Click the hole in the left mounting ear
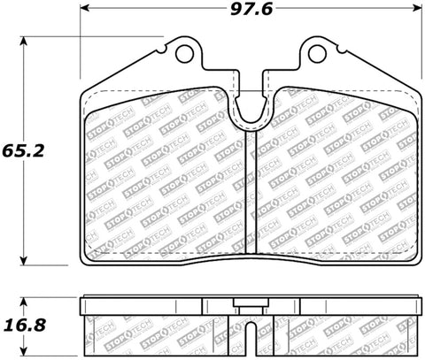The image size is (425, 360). point(184,54)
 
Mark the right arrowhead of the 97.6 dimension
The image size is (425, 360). point(417,12)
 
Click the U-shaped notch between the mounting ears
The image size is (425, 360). point(250,106)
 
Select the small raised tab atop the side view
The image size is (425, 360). point(250,306)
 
